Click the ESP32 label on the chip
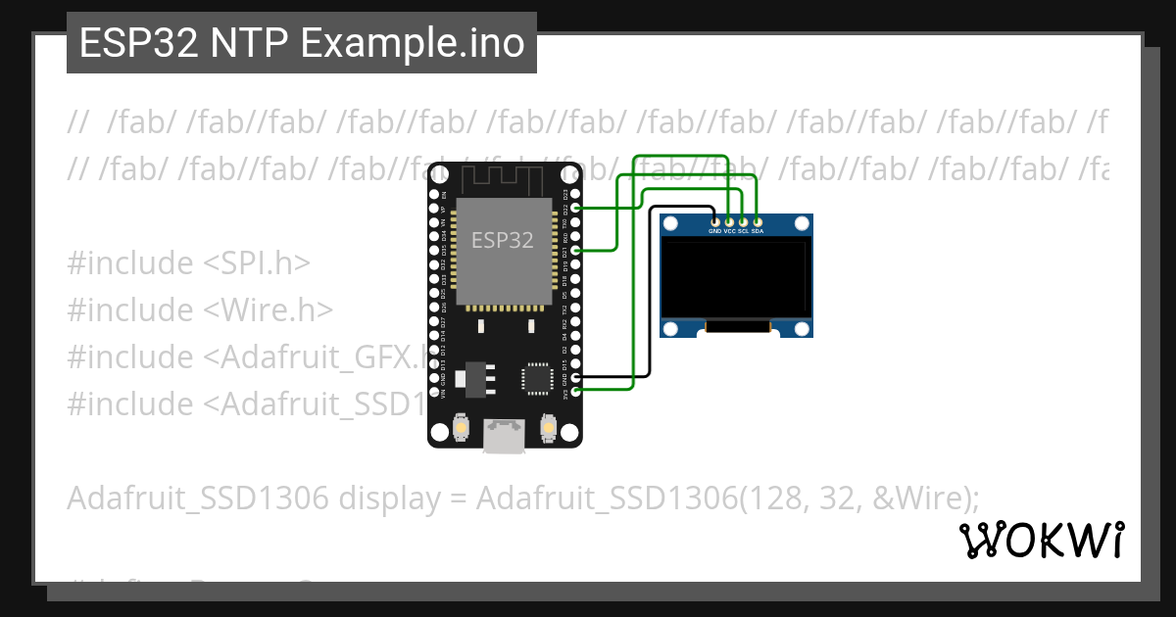(503, 240)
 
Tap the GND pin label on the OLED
(715, 231)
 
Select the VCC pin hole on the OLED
(729, 222)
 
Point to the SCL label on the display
(744, 231)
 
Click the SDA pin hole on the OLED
(758, 222)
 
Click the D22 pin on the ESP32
(575, 208)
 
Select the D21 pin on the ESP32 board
(575, 251)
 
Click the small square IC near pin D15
(537, 377)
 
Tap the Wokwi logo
(1042, 541)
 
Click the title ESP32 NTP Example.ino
(302, 43)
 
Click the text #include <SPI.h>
(189, 262)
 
